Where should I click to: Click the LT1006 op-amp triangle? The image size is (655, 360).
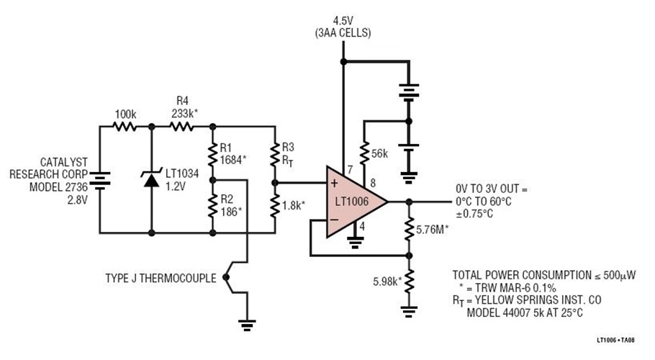tap(353, 202)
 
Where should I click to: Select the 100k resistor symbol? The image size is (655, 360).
tap(125, 126)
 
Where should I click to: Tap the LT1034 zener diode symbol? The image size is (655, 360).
tap(151, 179)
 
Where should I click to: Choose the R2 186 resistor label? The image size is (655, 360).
tap(232, 203)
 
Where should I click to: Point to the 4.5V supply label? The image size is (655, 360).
tap(343, 20)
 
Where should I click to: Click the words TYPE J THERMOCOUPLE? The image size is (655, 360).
tap(161, 278)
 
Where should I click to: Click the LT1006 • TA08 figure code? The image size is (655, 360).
tap(620, 337)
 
